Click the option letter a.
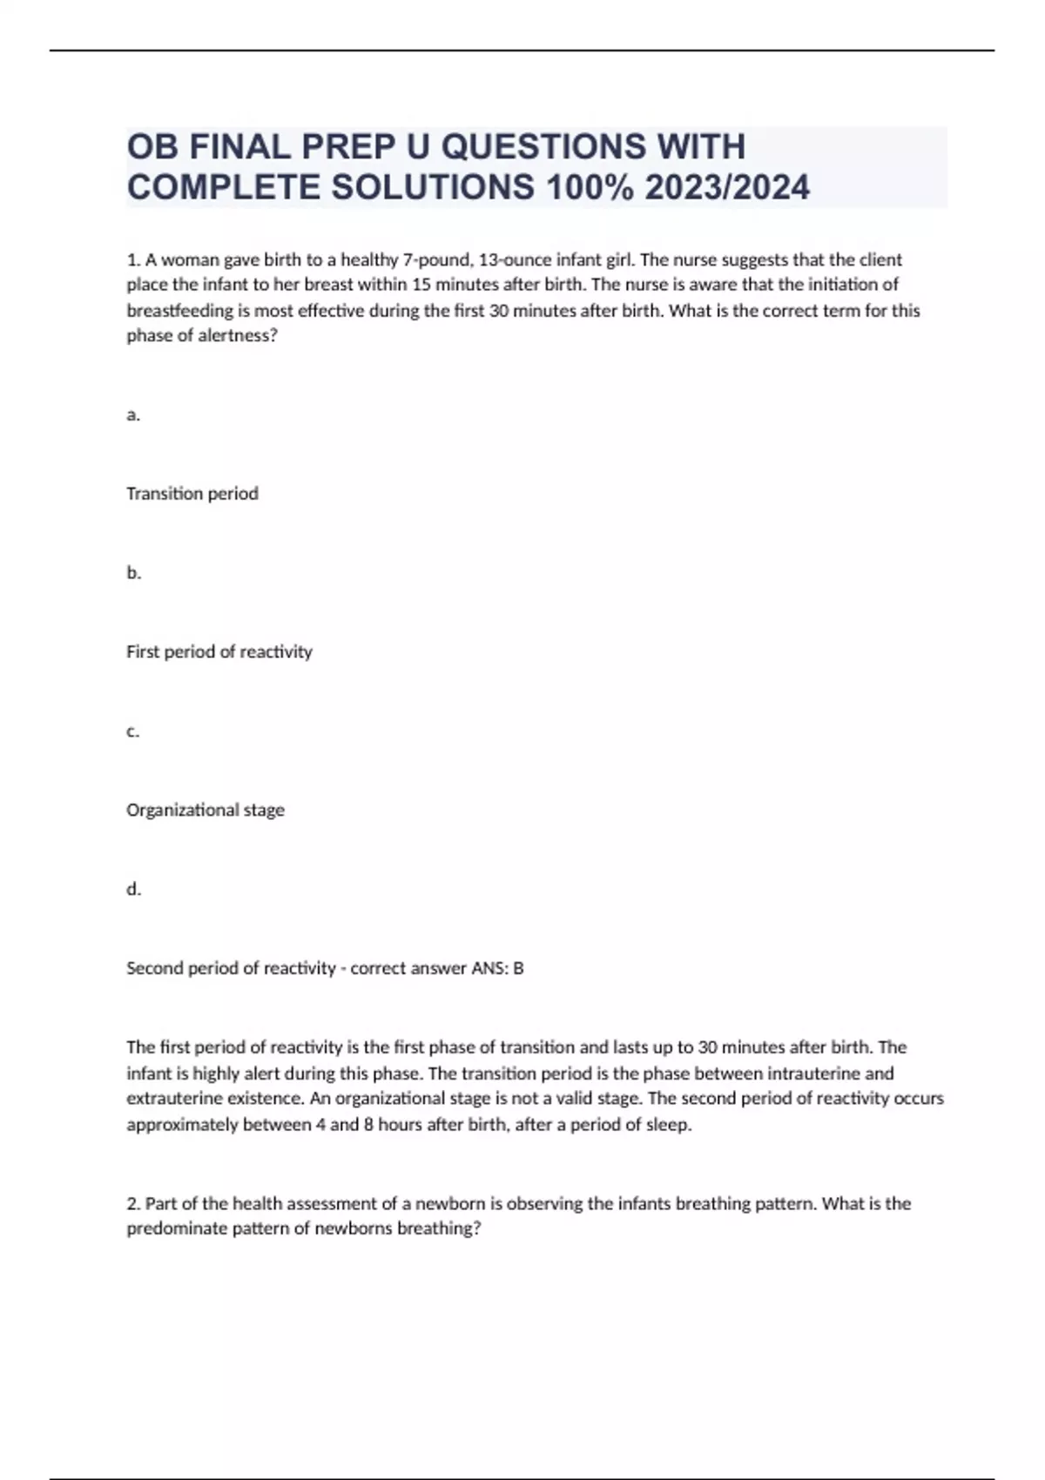133,415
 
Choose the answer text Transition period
192,494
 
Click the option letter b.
133,573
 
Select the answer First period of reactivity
219,652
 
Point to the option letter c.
133,731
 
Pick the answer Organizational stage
206,811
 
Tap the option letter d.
133,889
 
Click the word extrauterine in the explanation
168,1099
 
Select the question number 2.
133,1204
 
